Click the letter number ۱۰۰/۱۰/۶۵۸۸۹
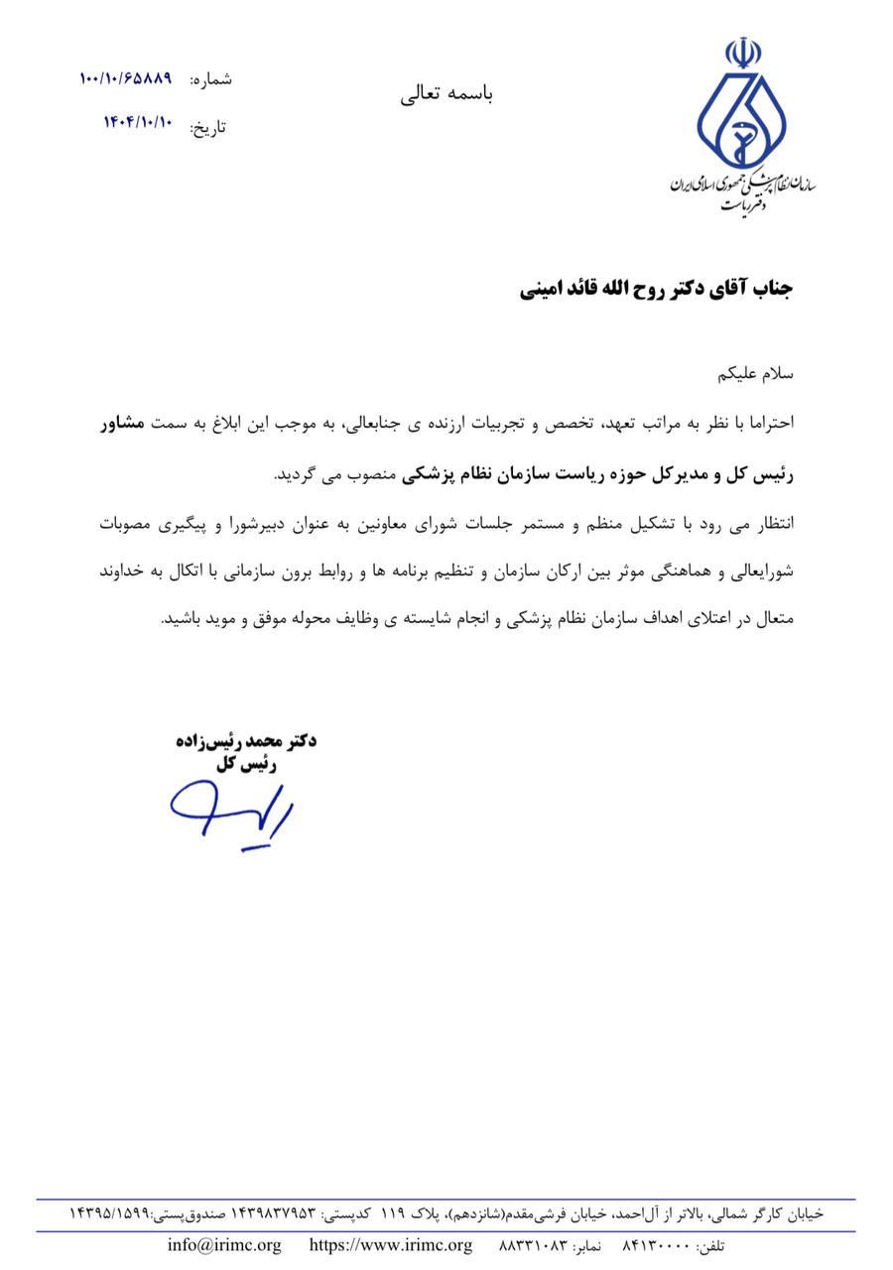tap(126, 77)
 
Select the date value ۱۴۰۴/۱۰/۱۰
tap(138, 122)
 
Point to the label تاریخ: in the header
tap(208, 127)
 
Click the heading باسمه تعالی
tap(446, 95)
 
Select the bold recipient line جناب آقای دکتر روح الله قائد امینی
tap(658, 289)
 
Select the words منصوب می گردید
tap(336, 474)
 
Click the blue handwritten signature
tap(231, 810)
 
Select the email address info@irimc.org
tap(224, 1245)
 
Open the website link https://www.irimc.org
tap(391, 1245)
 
